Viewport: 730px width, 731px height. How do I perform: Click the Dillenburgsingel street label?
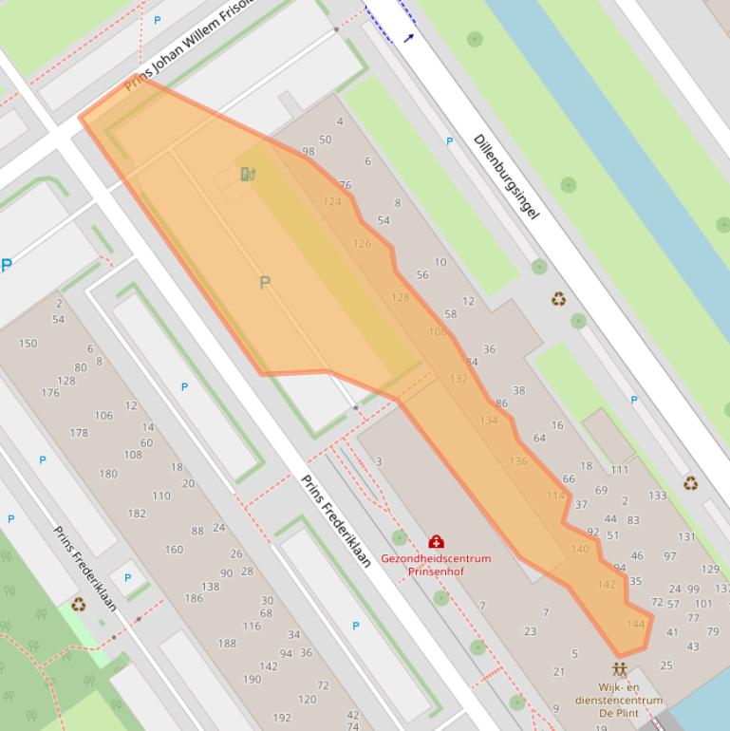506,177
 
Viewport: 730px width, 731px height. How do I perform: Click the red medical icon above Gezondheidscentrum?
437,542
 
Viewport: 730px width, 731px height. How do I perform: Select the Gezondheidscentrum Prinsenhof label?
436,565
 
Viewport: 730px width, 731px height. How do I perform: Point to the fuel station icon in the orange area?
248,174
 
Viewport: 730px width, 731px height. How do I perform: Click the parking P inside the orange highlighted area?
265,282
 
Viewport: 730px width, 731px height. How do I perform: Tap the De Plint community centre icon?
620,669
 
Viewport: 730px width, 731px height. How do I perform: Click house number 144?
636,624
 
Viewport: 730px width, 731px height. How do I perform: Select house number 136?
518,462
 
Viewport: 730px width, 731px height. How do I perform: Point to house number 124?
332,201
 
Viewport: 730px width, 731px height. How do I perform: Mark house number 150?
28,344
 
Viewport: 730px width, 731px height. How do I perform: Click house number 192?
282,718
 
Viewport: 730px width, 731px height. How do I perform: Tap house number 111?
620,470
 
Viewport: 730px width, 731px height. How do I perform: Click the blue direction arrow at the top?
409,38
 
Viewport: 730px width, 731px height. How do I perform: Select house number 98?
309,152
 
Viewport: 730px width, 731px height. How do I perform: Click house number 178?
79,433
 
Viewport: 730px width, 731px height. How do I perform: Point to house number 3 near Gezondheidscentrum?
379,462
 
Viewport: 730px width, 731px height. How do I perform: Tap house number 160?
174,550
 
